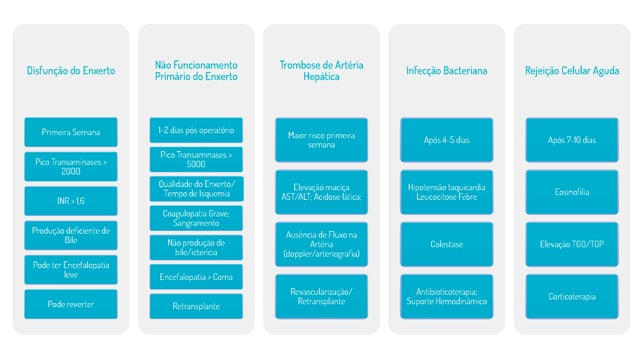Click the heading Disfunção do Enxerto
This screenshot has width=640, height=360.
pyautogui.click(x=71, y=71)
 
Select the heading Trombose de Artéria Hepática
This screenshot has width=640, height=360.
pyautogui.click(x=322, y=71)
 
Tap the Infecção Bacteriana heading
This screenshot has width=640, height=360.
pyautogui.click(x=447, y=71)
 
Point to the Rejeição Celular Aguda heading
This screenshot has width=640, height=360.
pyautogui.click(x=572, y=71)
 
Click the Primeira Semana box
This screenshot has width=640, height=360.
pyautogui.click(x=71, y=132)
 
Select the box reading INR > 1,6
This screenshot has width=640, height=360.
pyautogui.click(x=71, y=201)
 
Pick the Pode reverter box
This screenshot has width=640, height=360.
pyautogui.click(x=71, y=304)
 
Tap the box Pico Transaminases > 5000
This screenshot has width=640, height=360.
pyautogui.click(x=196, y=160)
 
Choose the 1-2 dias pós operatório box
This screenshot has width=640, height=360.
pyautogui.click(x=196, y=130)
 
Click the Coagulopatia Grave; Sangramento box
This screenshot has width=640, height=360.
pyautogui.click(x=196, y=218)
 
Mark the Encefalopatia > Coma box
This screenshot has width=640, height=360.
pyautogui.click(x=196, y=277)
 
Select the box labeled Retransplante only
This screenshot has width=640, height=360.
pyautogui.click(x=196, y=306)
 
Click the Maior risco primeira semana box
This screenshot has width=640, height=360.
pyautogui.click(x=322, y=140)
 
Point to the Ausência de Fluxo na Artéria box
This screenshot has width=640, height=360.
pyautogui.click(x=322, y=244)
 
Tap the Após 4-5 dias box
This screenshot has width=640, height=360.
pyautogui.click(x=447, y=140)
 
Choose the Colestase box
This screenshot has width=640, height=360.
pyautogui.click(x=447, y=244)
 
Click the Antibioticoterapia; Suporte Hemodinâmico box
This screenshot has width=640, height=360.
pyautogui.click(x=447, y=297)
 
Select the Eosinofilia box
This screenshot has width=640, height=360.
pyautogui.click(x=572, y=192)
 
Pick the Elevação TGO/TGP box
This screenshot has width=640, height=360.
pyautogui.click(x=572, y=244)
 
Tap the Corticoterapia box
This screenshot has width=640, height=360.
pyautogui.click(x=572, y=297)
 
